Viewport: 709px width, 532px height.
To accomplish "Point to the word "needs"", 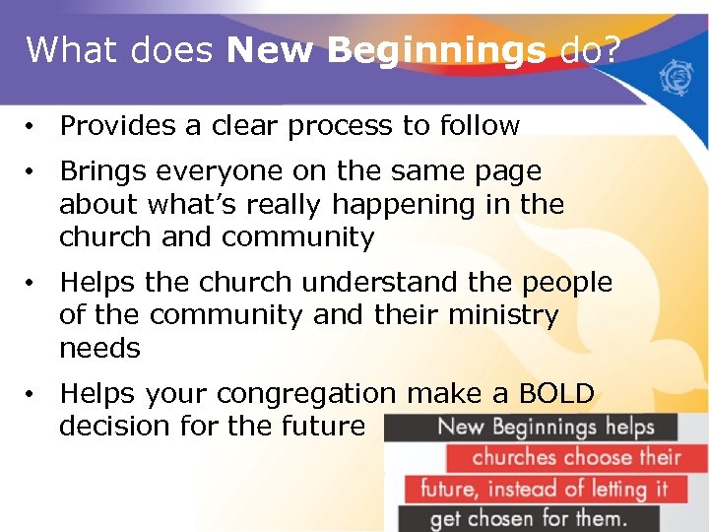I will coord(99,349).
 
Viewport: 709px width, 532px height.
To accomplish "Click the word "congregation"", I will coord(306,394).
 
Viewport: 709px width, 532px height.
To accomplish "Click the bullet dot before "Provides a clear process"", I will coord(32,127).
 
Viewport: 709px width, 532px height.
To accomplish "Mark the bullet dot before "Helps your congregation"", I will coord(32,395).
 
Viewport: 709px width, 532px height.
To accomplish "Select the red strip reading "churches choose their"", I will coord(576,457).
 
